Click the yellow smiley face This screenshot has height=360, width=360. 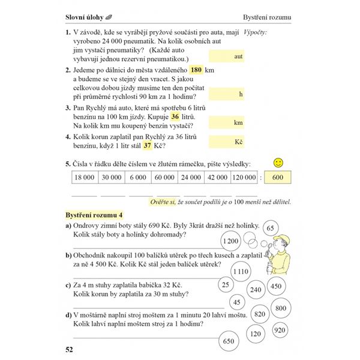(x=278, y=163)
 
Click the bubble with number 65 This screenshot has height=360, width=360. (x=271, y=228)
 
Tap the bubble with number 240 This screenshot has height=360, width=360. (x=255, y=289)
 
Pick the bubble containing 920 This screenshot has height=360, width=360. (x=279, y=329)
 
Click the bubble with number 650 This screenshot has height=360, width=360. (x=228, y=341)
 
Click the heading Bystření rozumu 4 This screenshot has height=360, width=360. (x=94, y=214)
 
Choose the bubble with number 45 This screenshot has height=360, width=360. (x=236, y=302)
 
